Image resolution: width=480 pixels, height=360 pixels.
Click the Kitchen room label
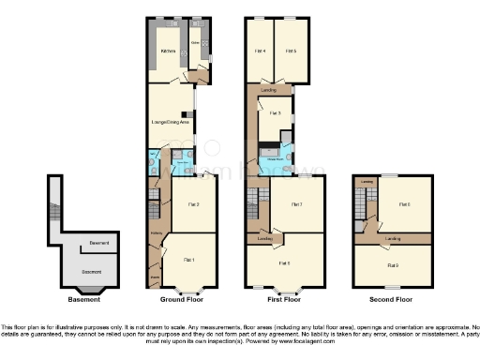click(x=168, y=52)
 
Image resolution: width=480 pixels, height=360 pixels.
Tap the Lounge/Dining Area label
click(x=170, y=123)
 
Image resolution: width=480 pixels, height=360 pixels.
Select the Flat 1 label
click(x=188, y=259)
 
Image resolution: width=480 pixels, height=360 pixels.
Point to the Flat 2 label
click(x=192, y=203)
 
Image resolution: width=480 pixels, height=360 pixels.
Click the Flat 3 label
click(x=274, y=112)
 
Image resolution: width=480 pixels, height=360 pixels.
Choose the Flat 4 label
click(x=261, y=51)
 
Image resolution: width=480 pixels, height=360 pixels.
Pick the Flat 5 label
click(x=291, y=51)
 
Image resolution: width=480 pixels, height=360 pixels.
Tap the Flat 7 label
click(x=296, y=203)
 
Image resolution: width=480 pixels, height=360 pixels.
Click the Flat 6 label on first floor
click(x=285, y=263)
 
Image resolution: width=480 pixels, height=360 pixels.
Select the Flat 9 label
click(x=393, y=265)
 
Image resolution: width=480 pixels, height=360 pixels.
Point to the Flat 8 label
click(x=404, y=203)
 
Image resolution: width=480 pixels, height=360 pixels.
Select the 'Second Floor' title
click(x=391, y=301)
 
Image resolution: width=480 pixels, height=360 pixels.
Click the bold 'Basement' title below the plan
click(x=83, y=301)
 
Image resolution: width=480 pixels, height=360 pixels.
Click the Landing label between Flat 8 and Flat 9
click(x=393, y=239)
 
